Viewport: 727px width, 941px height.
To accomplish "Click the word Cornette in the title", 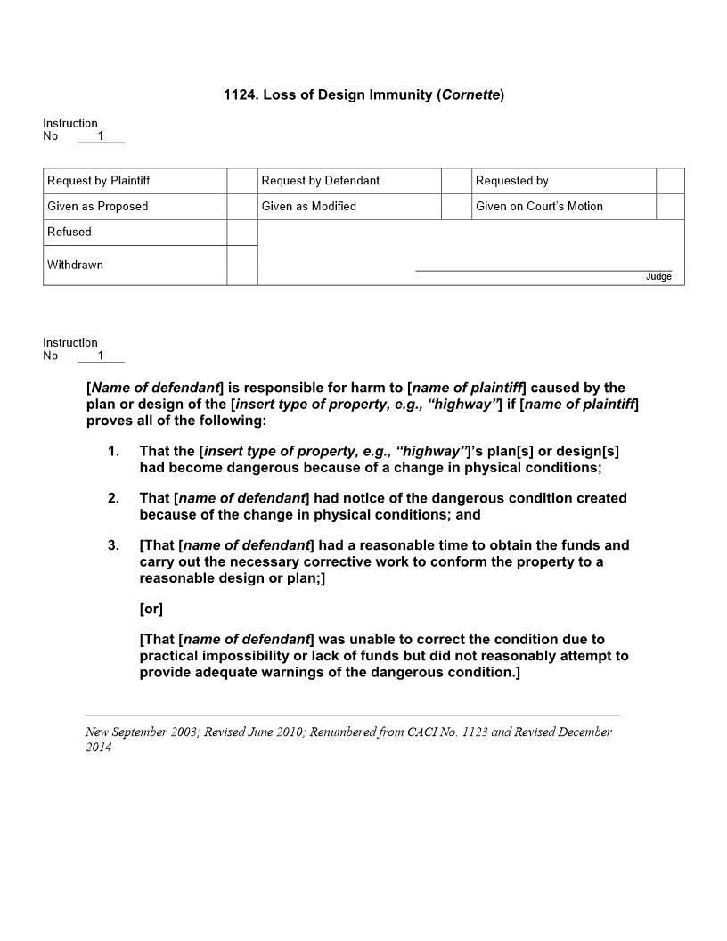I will click(x=470, y=94).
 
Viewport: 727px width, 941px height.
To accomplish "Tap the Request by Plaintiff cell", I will click(x=99, y=181).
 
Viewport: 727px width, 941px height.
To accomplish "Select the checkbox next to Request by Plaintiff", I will click(x=241, y=181).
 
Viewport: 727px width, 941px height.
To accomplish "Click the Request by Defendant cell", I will click(x=321, y=181).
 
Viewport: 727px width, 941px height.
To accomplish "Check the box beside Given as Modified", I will click(x=456, y=207).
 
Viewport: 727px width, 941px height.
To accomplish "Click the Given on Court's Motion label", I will click(x=539, y=207).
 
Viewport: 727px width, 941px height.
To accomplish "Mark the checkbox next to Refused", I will click(x=241, y=233).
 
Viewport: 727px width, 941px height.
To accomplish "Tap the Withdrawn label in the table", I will click(x=75, y=266).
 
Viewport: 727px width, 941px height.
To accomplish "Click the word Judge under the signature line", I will click(x=658, y=277).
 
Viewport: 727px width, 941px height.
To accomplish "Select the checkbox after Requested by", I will click(x=670, y=181).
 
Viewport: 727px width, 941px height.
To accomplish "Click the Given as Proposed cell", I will click(x=98, y=207).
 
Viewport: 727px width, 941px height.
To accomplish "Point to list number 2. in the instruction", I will click(x=113, y=498).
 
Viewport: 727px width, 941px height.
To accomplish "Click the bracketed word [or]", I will click(x=151, y=610).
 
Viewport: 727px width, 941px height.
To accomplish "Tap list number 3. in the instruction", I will click(x=113, y=545).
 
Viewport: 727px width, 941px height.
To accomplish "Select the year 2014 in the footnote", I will click(x=98, y=748).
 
